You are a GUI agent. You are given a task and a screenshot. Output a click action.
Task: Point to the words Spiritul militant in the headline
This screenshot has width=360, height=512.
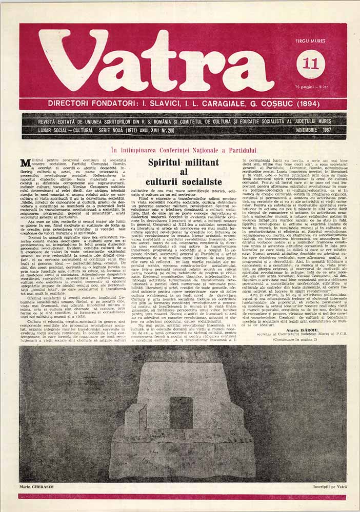(183, 162)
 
